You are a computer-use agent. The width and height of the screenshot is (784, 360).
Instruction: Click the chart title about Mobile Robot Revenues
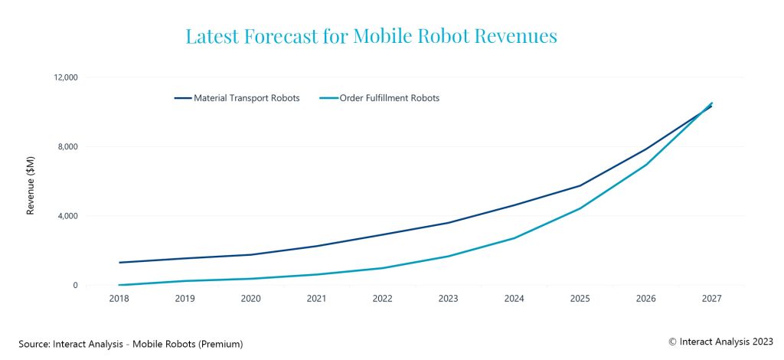click(371, 36)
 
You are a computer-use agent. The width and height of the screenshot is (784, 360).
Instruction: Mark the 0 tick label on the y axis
click(74, 286)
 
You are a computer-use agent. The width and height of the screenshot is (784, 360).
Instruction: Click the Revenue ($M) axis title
click(31, 182)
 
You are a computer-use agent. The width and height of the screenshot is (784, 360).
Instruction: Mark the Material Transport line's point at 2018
click(119, 263)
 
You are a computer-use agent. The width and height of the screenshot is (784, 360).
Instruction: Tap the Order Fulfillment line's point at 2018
click(119, 285)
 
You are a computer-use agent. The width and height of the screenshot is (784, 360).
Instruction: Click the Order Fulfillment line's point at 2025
click(580, 208)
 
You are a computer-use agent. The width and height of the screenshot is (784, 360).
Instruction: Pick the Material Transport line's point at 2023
click(449, 223)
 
